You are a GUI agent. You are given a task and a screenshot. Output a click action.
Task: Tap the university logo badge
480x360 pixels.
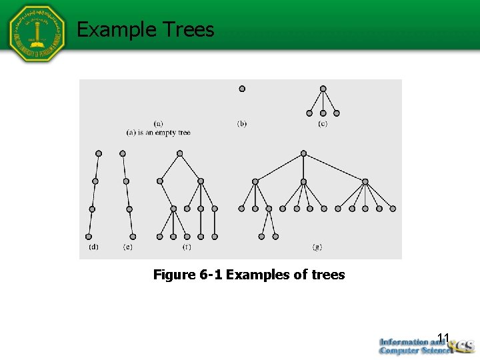[x=38, y=33]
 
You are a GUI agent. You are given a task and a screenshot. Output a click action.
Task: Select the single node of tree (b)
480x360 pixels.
[x=242, y=88]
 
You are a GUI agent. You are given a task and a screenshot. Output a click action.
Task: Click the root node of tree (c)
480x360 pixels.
[x=323, y=88]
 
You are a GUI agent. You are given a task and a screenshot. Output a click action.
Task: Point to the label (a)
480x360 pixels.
[x=159, y=123]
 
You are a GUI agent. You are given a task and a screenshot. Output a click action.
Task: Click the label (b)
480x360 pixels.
[x=242, y=123]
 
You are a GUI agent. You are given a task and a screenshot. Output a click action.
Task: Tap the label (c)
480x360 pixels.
[x=323, y=123]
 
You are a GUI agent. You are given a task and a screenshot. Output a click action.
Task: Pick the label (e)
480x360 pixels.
[x=127, y=247]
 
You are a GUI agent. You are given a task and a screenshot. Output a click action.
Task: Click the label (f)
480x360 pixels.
[x=187, y=247]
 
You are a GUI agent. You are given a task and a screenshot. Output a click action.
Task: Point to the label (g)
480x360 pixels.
[x=317, y=247]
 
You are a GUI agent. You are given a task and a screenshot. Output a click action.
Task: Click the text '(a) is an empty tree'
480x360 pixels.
[x=159, y=132]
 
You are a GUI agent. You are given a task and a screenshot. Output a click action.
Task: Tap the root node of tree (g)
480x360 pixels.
[x=303, y=153]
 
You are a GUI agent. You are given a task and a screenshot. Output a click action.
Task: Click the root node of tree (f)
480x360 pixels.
[x=179, y=153]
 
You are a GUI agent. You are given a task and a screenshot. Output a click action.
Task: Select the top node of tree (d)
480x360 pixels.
[x=99, y=153]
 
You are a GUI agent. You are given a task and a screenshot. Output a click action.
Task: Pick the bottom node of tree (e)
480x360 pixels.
[x=133, y=236]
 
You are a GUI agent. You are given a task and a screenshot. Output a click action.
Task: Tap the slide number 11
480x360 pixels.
[x=444, y=337]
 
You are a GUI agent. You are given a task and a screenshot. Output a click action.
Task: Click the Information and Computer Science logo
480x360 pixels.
[x=424, y=345]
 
